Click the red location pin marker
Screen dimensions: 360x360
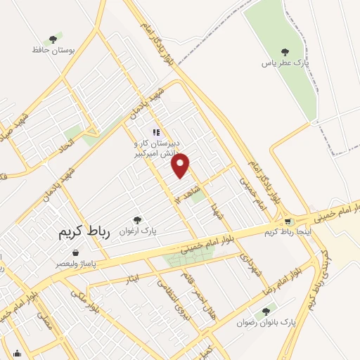point(181,165)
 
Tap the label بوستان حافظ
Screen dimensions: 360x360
point(53,51)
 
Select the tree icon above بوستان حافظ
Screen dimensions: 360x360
point(53,40)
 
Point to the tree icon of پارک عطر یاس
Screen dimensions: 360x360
point(285,51)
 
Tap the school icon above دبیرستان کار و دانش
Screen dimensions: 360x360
point(157,131)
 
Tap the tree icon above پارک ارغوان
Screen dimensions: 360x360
point(137,220)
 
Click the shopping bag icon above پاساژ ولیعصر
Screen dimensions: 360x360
point(75,252)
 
